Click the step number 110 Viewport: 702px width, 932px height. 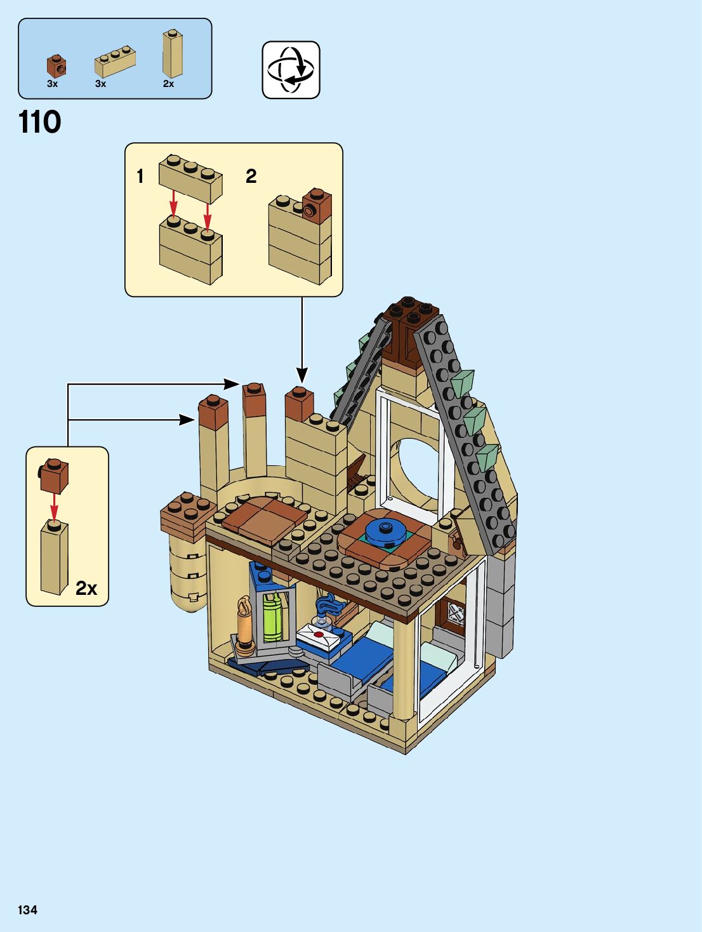tap(40, 122)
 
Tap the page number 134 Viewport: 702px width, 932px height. tap(28, 910)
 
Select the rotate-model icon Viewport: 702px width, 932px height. tap(291, 70)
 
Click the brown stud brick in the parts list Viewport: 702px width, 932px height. tap(56, 66)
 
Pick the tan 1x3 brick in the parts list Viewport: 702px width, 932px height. tap(115, 62)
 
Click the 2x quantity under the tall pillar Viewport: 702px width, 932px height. tap(168, 84)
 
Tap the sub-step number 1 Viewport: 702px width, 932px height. tap(140, 176)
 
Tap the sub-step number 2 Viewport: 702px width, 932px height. tap(251, 176)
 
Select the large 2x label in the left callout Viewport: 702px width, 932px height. tap(86, 588)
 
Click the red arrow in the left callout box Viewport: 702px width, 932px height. tap(55, 507)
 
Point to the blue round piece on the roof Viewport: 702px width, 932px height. tap(386, 531)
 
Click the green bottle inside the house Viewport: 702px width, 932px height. tap(272, 618)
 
